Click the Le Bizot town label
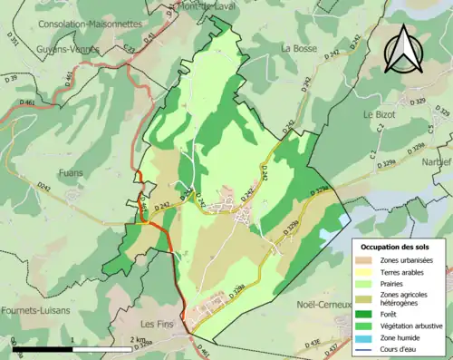tap(381, 115)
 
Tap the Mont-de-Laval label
tap(205, 6)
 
